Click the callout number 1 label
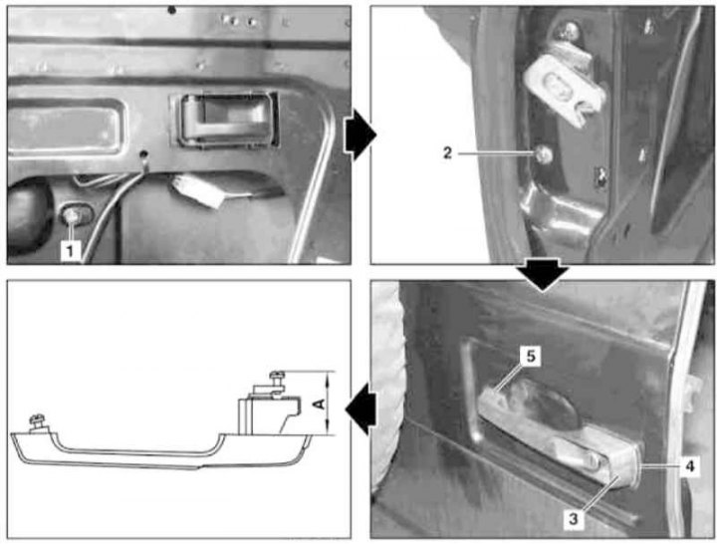pyautogui.click(x=70, y=251)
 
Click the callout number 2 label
pyautogui.click(x=448, y=153)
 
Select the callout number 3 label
pyautogui.click(x=574, y=519)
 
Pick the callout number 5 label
pyautogui.click(x=531, y=356)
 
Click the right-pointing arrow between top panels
pyautogui.click(x=360, y=136)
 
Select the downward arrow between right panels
pyautogui.click(x=543, y=274)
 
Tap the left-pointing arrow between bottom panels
pyautogui.click(x=360, y=409)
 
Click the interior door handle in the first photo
pyautogui.click(x=224, y=120)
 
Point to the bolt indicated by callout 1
pyautogui.click(x=73, y=214)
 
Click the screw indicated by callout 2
pyautogui.click(x=544, y=154)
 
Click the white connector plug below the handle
pyautogui.click(x=197, y=190)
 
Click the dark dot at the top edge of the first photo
pyautogui.click(x=172, y=10)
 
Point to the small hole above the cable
pyautogui.click(x=144, y=154)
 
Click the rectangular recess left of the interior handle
pyautogui.click(x=64, y=126)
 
